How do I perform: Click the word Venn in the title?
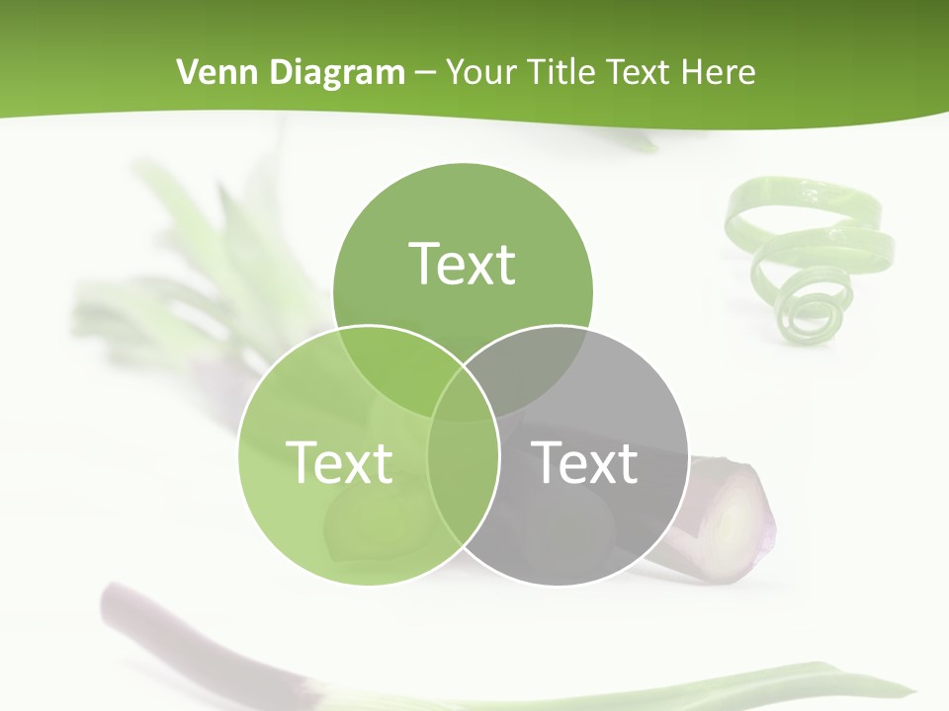pyautogui.click(x=210, y=72)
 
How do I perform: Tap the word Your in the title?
pyautogui.click(x=483, y=72)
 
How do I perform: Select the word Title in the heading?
pyautogui.click(x=561, y=72)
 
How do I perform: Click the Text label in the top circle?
pyautogui.click(x=463, y=264)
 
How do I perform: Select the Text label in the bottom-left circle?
pyautogui.click(x=339, y=461)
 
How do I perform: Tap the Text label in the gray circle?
pyautogui.click(x=585, y=461)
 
